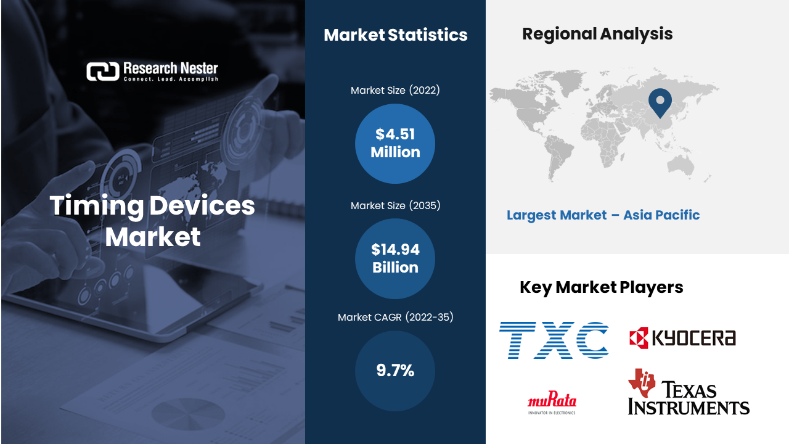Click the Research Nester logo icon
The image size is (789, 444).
103,72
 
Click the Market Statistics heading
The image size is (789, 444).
396,35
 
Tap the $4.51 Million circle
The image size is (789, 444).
395,144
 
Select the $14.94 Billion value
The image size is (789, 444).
395,258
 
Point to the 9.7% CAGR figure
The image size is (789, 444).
395,371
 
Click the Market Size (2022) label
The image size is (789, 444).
395,90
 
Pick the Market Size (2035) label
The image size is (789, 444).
395,205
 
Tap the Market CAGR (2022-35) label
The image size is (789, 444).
395,317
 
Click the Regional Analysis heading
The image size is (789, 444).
597,35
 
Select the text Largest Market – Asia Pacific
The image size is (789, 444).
603,215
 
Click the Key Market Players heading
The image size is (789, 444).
601,287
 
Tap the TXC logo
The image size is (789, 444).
554,340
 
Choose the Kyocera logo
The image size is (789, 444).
682,337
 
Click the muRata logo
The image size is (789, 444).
552,403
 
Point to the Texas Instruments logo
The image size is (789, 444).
689,392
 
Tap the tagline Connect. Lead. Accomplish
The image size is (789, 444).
171,79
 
